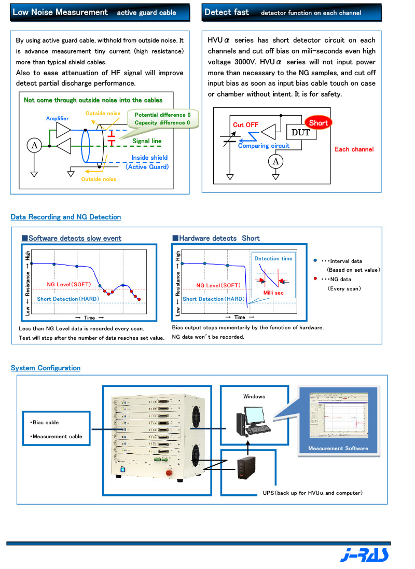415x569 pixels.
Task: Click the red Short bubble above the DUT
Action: [x=318, y=123]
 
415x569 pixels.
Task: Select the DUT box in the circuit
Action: [x=300, y=132]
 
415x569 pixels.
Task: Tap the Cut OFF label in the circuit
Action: [x=245, y=125]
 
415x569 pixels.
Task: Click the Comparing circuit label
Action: [x=264, y=146]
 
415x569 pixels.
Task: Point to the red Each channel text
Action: [x=354, y=149]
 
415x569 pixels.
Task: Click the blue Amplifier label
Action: [x=57, y=119]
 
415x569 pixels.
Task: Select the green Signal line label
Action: [x=147, y=141]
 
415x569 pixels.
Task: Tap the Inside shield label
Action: [x=149, y=158]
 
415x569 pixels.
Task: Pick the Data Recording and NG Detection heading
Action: [x=66, y=217]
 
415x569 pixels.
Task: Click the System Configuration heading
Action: [x=46, y=368]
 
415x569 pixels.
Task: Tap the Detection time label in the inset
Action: [x=273, y=258]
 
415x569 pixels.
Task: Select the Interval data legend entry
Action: [x=342, y=261]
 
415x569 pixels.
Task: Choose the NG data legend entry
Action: [x=339, y=279]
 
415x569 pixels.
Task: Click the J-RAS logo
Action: [x=365, y=555]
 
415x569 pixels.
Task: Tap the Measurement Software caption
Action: [x=338, y=448]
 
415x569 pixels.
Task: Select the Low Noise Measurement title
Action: [x=60, y=12]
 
